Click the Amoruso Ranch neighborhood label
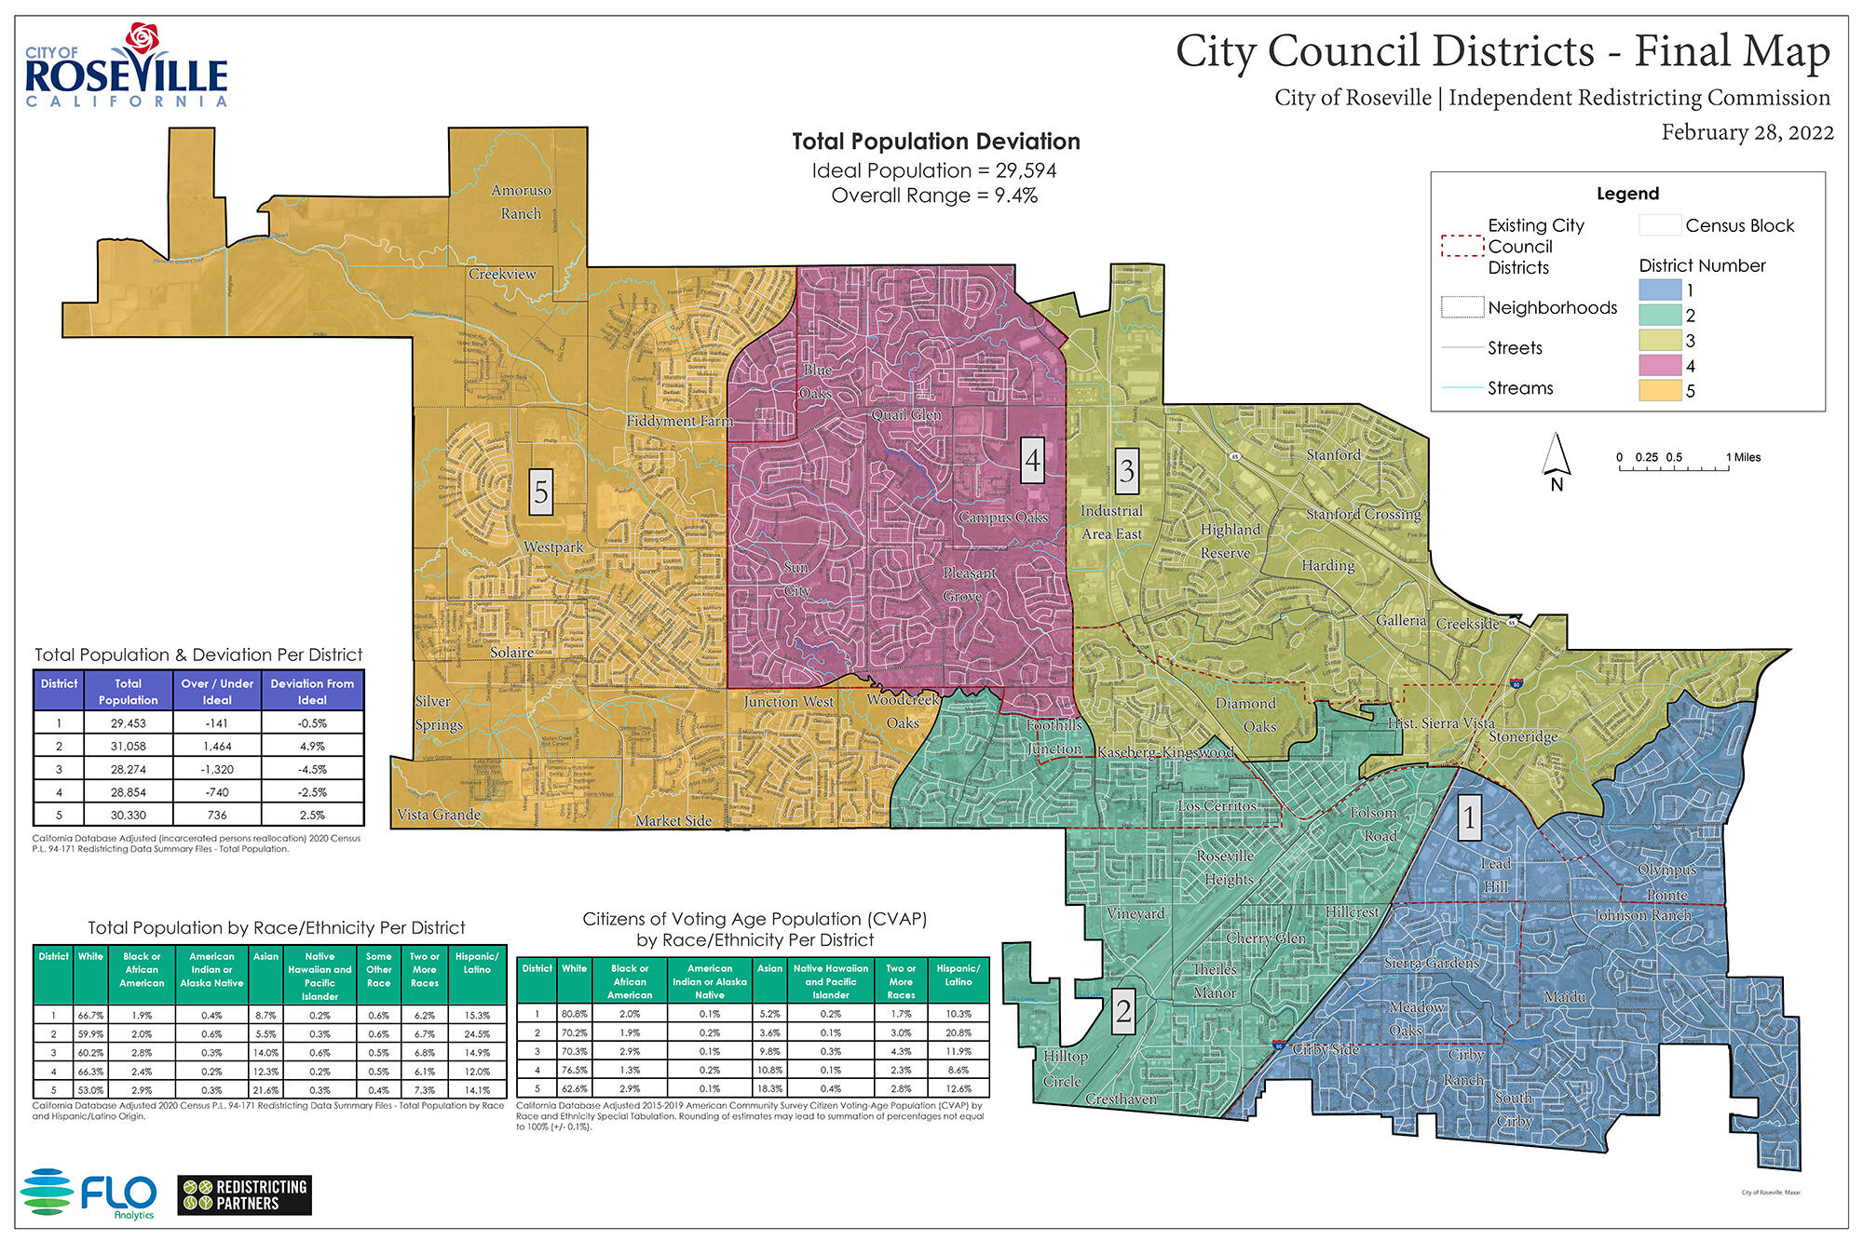pos(521,202)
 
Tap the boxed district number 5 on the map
pos(541,492)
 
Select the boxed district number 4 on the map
pos(1032,460)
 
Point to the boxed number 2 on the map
pos(1123,1010)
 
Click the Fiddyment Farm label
pos(679,421)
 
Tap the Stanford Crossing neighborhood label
pos(1364,514)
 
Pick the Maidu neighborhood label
pos(1565,997)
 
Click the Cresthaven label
pos(1121,1099)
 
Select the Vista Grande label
pos(439,815)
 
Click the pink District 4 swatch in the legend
pos(1660,366)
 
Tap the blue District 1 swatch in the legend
pos(1660,290)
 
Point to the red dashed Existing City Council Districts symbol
pos(1462,246)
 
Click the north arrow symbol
pos(1556,458)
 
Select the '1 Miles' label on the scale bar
pos(1743,457)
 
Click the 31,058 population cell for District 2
pos(128,747)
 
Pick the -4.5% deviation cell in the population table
pos(312,770)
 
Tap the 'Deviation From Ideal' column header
pos(312,691)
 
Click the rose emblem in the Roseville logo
pos(143,38)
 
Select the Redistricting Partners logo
pos(244,1195)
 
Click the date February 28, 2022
pos(1747,132)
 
